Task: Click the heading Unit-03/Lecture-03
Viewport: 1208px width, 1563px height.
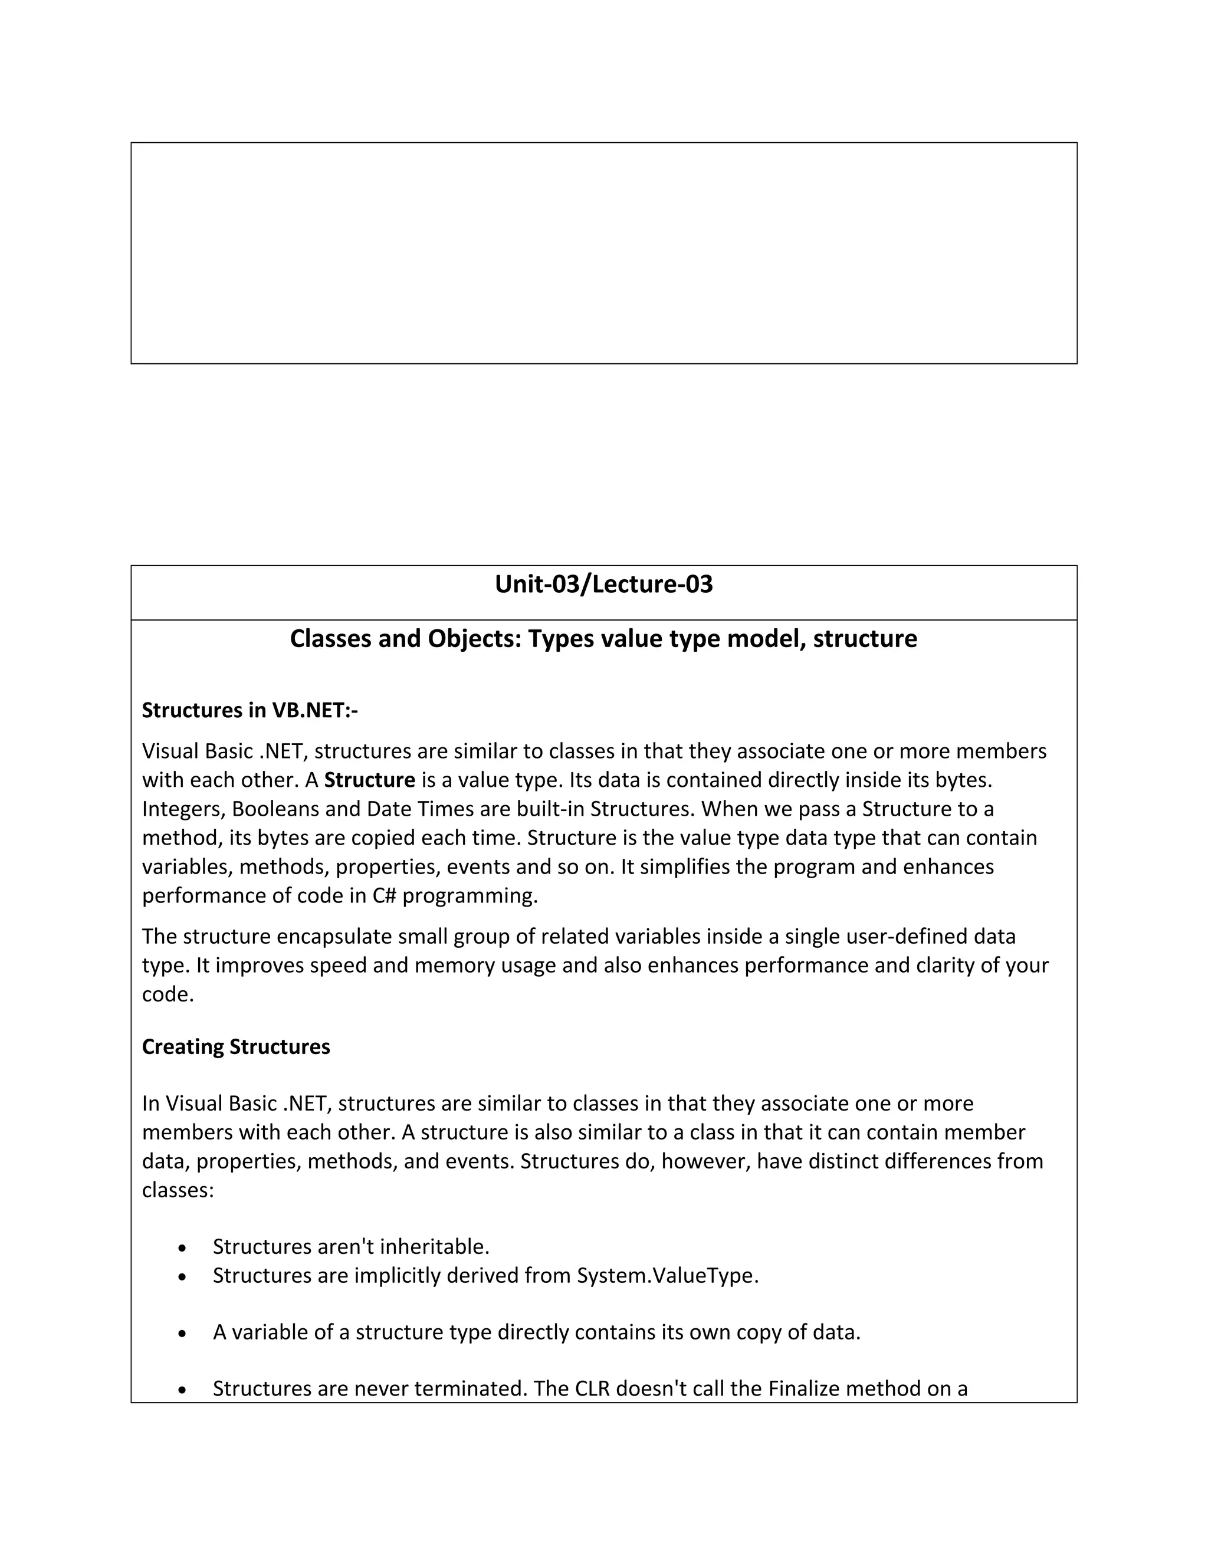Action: click(x=603, y=585)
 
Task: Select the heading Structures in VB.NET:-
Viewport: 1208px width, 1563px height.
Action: click(x=249, y=710)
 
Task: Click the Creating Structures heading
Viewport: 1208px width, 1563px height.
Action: click(x=235, y=1046)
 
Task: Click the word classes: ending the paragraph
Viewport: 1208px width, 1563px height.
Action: click(x=178, y=1190)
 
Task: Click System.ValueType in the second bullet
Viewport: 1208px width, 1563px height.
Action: click(x=667, y=1275)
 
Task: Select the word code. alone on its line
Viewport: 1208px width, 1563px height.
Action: click(x=168, y=994)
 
